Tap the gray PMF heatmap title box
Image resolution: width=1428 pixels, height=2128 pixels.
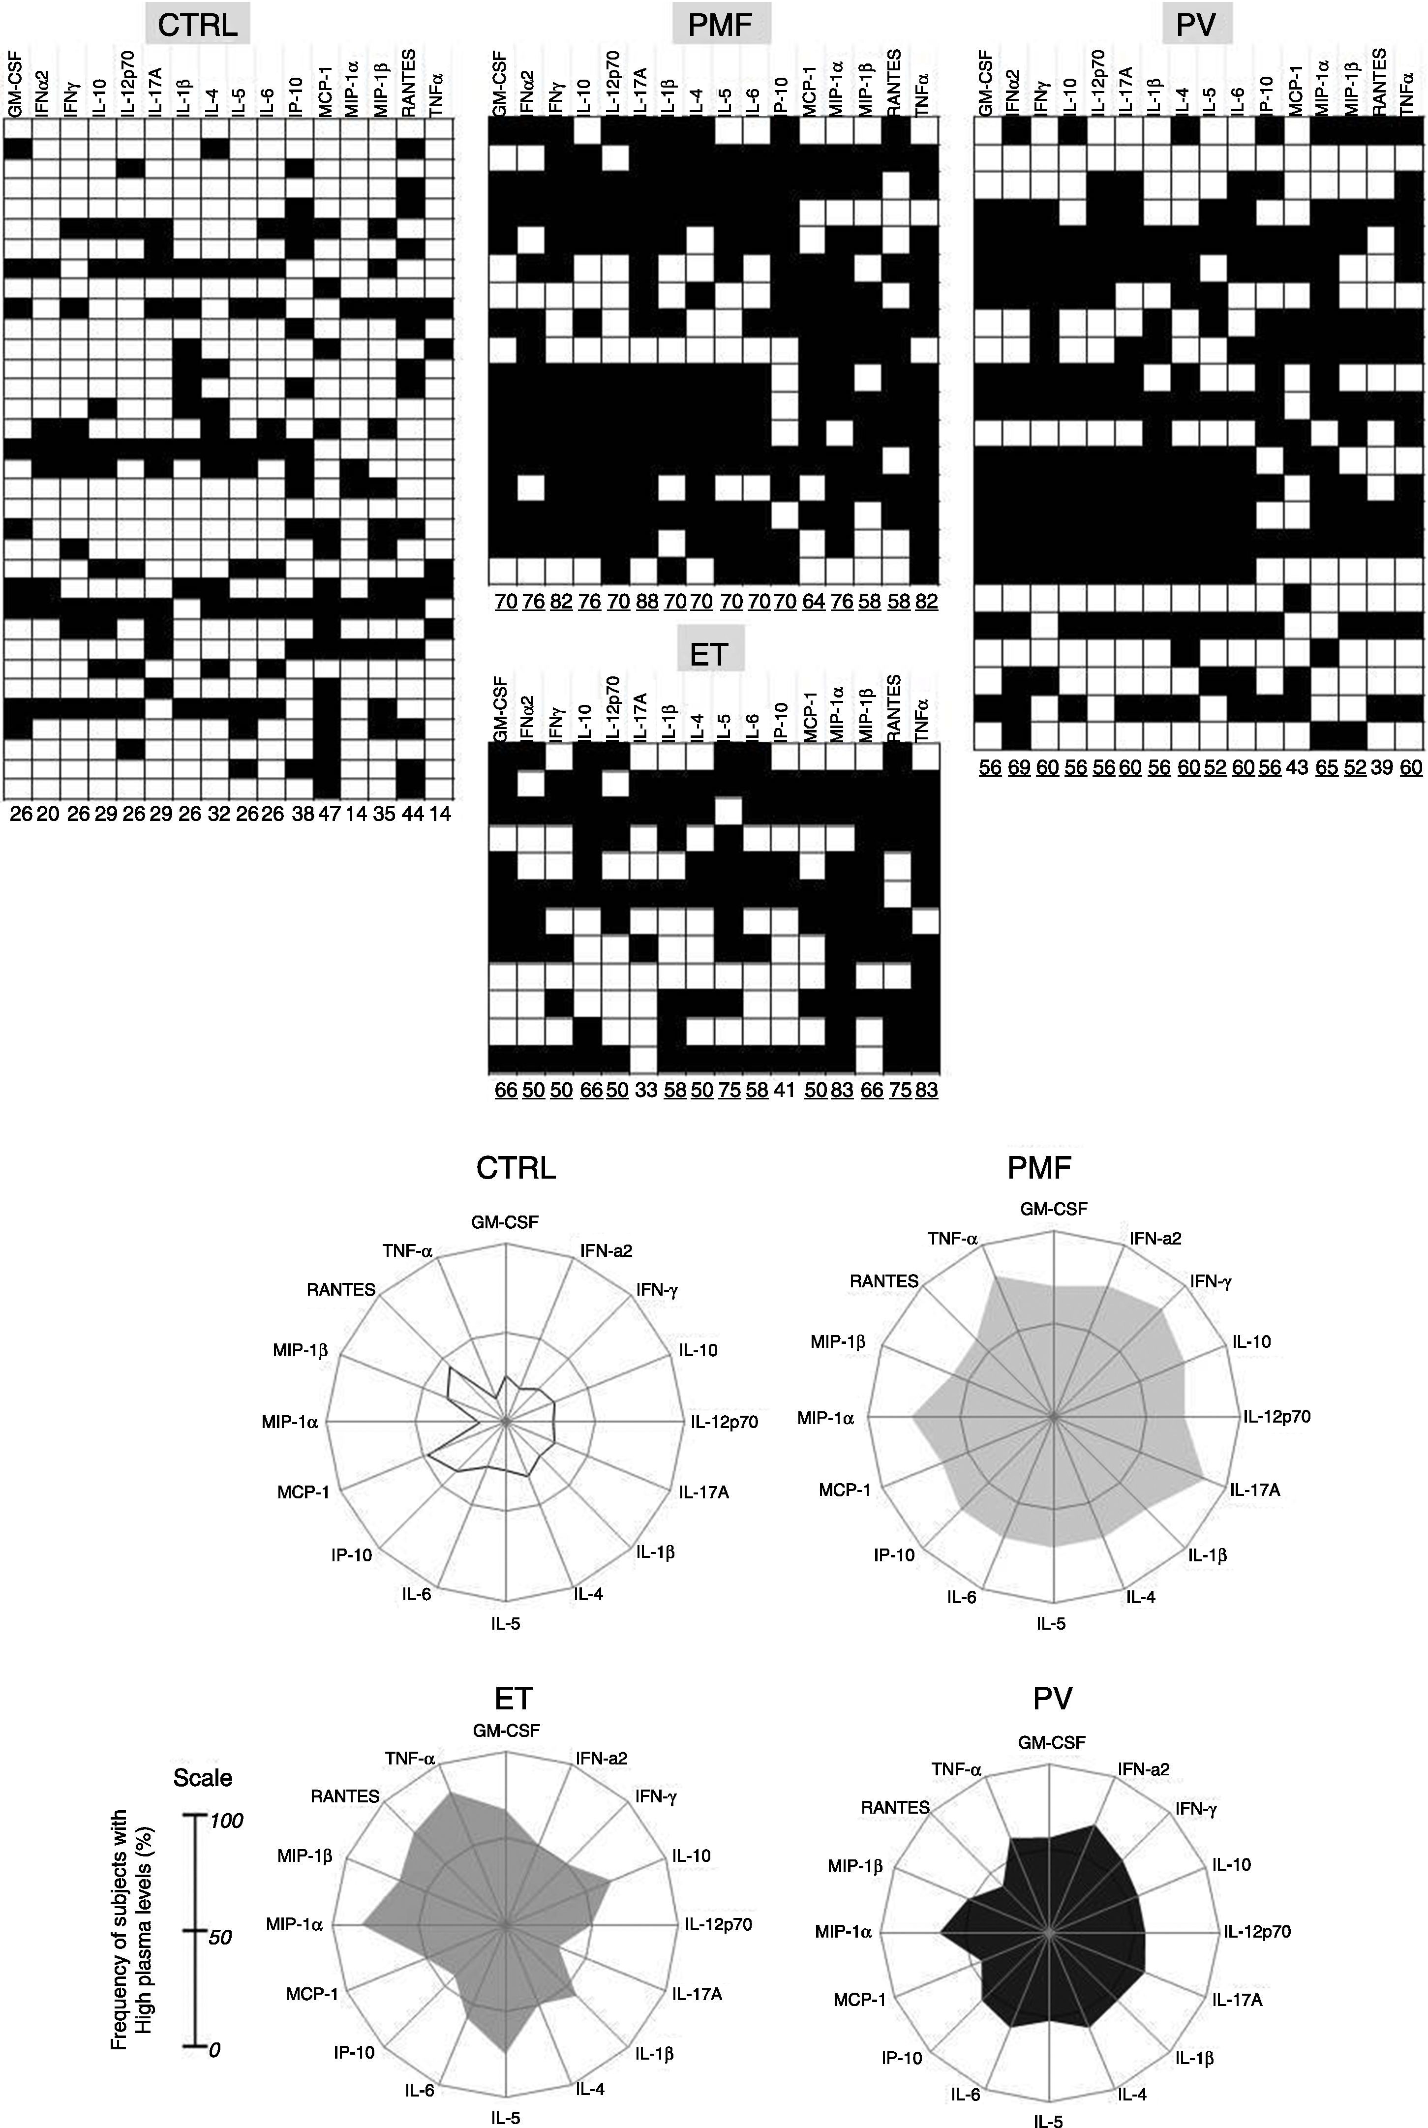pos(720,25)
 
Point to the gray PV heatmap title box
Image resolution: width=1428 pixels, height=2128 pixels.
pos(1196,25)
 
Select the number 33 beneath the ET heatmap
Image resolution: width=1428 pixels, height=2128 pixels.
pos(646,1089)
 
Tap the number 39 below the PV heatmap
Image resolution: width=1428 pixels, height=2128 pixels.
pos(1382,767)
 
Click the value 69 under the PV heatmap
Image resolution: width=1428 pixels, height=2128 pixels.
pos(1019,767)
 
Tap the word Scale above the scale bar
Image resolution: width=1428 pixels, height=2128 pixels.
pos(203,1778)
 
